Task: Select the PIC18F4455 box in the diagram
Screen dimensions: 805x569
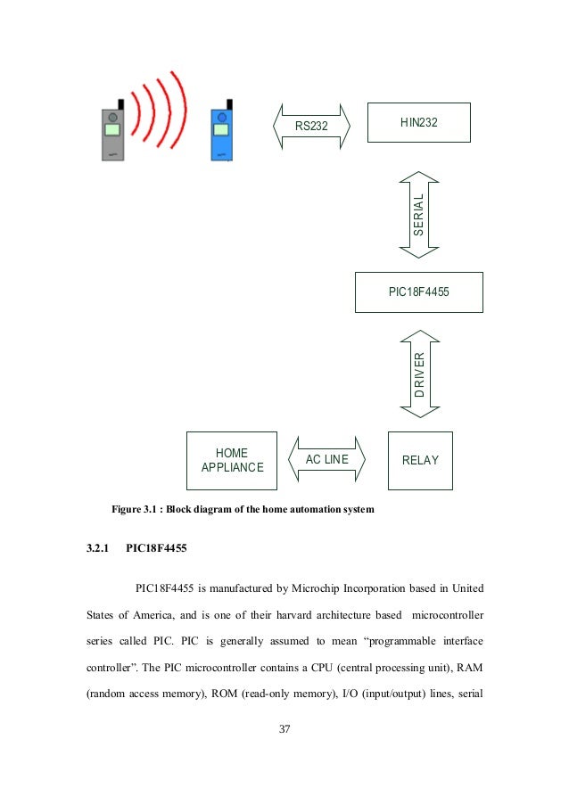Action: (x=418, y=292)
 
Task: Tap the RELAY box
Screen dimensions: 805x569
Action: (x=420, y=461)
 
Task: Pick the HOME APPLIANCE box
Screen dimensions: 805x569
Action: (x=232, y=461)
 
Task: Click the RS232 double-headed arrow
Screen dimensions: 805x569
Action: (x=311, y=126)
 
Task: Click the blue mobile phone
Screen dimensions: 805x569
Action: (x=220, y=136)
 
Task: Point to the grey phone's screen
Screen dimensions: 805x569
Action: (x=112, y=130)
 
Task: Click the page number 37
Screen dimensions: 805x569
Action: (x=285, y=728)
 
